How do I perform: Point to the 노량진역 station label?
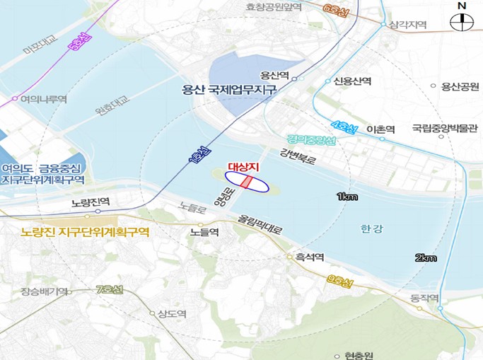pyautogui.click(x=91, y=202)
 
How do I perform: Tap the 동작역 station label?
pyautogui.click(x=424, y=297)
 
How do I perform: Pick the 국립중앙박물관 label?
pyautogui.click(x=441, y=129)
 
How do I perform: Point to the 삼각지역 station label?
pyautogui.click(x=408, y=25)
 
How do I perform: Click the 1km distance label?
pyautogui.click(x=347, y=195)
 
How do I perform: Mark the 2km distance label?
pyautogui.click(x=426, y=257)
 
